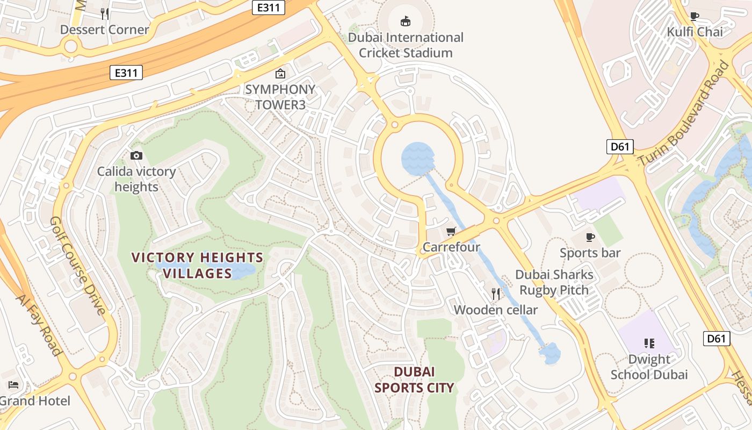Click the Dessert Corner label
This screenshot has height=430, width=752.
coord(104,30)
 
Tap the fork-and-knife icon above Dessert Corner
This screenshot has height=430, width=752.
coord(105,13)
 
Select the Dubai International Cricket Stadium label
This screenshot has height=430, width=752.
coord(406,45)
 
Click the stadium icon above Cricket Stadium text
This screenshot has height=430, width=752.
coord(406,21)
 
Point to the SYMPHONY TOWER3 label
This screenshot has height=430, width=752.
coord(280,97)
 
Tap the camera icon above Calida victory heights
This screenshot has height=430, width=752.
coord(136,155)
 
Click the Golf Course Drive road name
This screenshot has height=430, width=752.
coord(77,265)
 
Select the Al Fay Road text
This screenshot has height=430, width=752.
coord(38,325)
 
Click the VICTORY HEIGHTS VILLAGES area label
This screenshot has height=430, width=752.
coord(197,266)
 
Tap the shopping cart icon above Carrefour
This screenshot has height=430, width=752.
coord(451,231)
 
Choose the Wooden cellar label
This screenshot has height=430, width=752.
coord(495,310)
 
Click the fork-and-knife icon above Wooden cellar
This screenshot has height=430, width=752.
coord(496,293)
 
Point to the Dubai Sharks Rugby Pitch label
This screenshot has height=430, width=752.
coord(554,282)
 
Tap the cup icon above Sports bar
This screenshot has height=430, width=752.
coord(590,236)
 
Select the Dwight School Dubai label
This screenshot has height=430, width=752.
coord(649,367)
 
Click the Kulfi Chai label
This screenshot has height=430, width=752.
coord(695,32)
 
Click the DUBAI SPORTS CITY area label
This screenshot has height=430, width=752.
coord(414,379)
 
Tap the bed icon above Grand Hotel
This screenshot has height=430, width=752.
coord(13,385)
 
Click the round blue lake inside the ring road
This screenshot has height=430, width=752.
coord(417,159)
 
